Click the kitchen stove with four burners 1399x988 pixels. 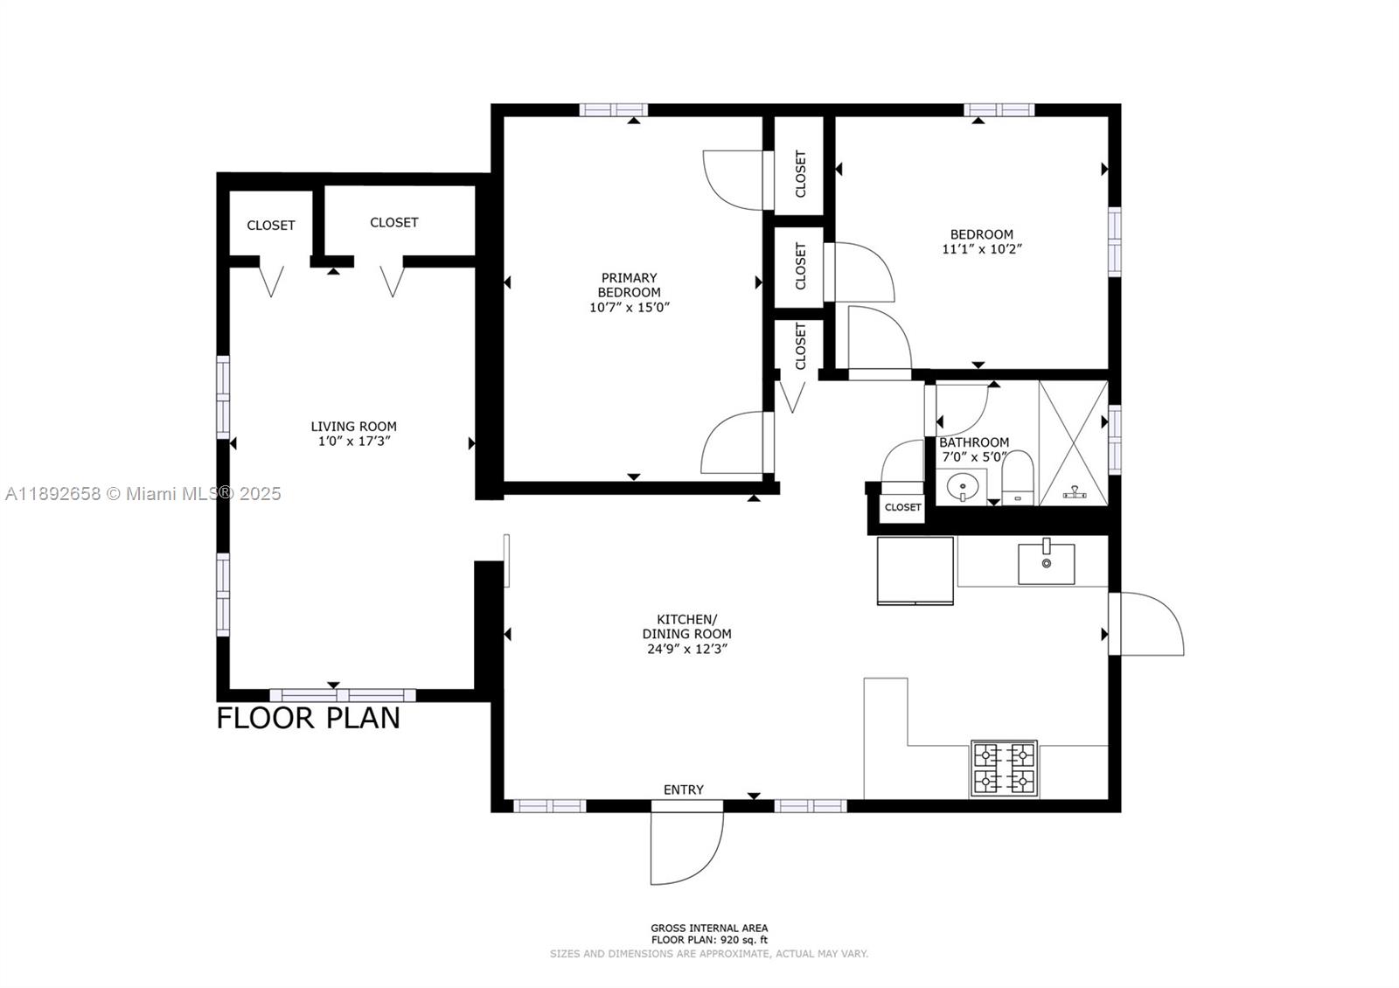[1004, 769]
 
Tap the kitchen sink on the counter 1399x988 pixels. [1046, 564]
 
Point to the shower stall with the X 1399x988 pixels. [1074, 442]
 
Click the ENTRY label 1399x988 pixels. [683, 790]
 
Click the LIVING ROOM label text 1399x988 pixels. [353, 427]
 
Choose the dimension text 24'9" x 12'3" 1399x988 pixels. [686, 649]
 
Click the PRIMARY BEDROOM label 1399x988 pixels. [629, 285]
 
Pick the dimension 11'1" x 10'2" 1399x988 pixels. [982, 248]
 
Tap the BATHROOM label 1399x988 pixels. [973, 442]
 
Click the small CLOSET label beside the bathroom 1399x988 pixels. [902, 507]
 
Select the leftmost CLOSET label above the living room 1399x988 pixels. [270, 226]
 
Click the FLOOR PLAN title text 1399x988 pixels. [308, 718]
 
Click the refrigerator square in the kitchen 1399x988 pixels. [915, 570]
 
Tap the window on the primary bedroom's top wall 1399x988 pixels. [613, 110]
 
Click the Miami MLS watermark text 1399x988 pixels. [143, 494]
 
